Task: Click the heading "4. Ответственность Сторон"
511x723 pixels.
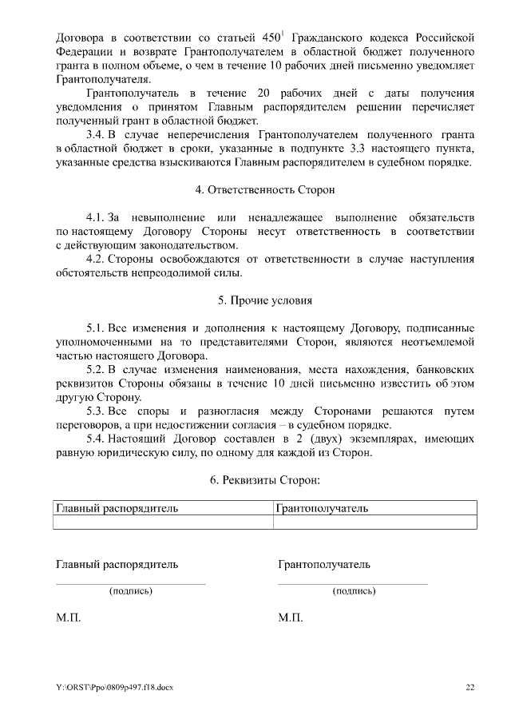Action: pos(265,190)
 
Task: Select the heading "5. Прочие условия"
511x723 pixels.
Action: pos(265,300)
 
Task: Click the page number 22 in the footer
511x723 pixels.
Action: pos(469,687)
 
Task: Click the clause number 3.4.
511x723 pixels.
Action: pos(95,136)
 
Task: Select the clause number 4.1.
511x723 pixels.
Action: pos(95,217)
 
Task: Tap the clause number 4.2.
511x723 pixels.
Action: pos(95,259)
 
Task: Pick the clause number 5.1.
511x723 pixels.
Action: pos(95,328)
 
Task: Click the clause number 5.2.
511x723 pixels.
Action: pos(95,370)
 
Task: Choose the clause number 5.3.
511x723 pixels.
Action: pos(95,411)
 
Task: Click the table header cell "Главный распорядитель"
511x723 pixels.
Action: pos(117,507)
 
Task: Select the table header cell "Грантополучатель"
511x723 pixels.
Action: pos(322,507)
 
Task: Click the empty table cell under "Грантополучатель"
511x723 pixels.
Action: pos(374,522)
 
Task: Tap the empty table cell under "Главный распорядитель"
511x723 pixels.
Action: pos(163,522)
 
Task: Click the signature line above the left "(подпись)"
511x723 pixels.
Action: pos(130,584)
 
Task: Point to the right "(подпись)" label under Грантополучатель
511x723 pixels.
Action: pos(354,591)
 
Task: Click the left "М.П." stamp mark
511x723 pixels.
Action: pos(68,618)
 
